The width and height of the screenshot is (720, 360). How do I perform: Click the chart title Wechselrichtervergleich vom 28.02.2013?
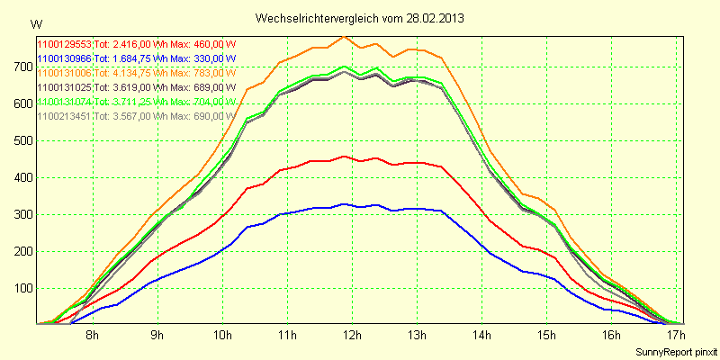coord(361,17)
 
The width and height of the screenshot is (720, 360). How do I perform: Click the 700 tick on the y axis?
coord(22,67)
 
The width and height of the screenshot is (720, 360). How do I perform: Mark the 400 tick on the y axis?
coord(22,178)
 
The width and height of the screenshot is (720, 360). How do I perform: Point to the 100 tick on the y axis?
coord(22,289)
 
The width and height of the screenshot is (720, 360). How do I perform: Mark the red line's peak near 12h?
coord(344,156)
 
